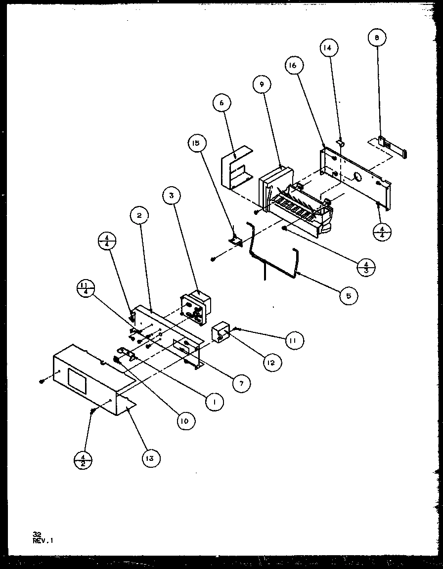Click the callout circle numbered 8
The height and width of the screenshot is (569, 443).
pos(377,38)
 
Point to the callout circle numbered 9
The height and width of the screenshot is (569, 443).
pos(262,85)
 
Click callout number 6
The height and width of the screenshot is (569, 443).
pos(221,103)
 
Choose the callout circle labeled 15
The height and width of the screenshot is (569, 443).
pos(196,144)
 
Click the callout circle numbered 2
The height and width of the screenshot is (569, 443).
pos(140,215)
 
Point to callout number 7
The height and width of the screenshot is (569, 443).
pos(241,383)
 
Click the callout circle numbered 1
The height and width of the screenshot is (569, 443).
pos(214,402)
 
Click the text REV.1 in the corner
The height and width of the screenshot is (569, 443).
pos(43,540)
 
